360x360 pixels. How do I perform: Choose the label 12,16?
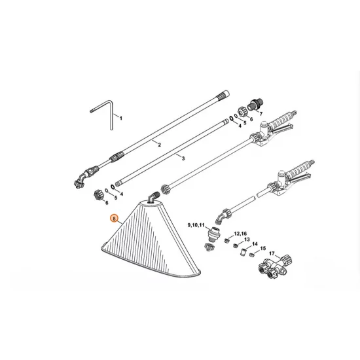[x=241, y=233]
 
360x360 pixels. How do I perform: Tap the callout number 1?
[x=120, y=117]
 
